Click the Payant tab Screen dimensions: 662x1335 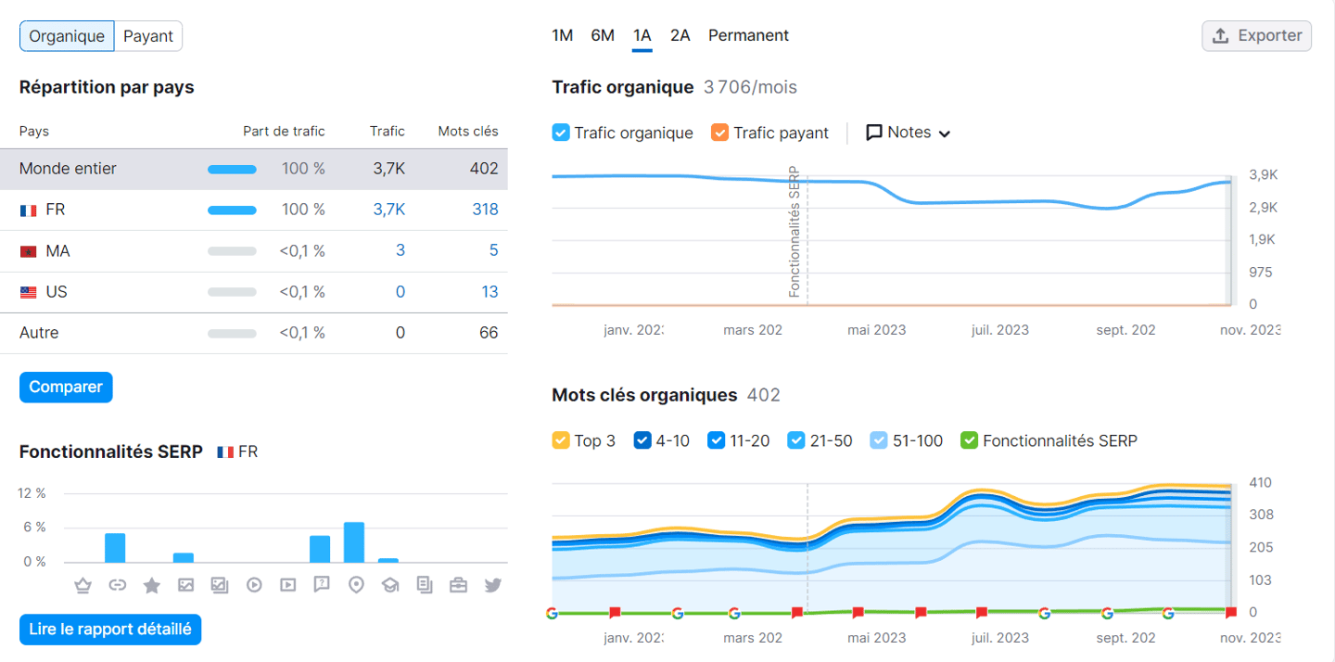point(148,36)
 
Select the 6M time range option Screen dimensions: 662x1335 point(603,35)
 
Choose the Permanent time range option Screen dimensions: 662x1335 point(748,35)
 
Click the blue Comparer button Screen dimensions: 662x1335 point(66,388)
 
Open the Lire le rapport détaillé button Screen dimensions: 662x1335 point(110,630)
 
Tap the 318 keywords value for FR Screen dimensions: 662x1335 point(485,210)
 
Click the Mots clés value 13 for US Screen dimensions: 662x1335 point(489,292)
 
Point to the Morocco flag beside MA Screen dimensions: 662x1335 point(28,251)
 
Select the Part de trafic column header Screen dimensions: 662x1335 point(284,132)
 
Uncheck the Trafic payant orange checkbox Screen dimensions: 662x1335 point(720,133)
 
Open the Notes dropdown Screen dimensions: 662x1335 point(909,133)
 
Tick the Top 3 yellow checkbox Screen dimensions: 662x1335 point(561,440)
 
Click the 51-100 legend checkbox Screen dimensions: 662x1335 point(879,440)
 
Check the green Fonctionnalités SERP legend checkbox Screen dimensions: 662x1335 point(969,440)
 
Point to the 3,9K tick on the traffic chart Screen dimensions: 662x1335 point(1263,175)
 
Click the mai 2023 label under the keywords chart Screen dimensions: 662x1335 point(876,638)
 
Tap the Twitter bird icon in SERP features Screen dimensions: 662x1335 point(492,585)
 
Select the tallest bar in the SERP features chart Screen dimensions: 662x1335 point(354,542)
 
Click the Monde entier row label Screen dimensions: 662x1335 point(68,169)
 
